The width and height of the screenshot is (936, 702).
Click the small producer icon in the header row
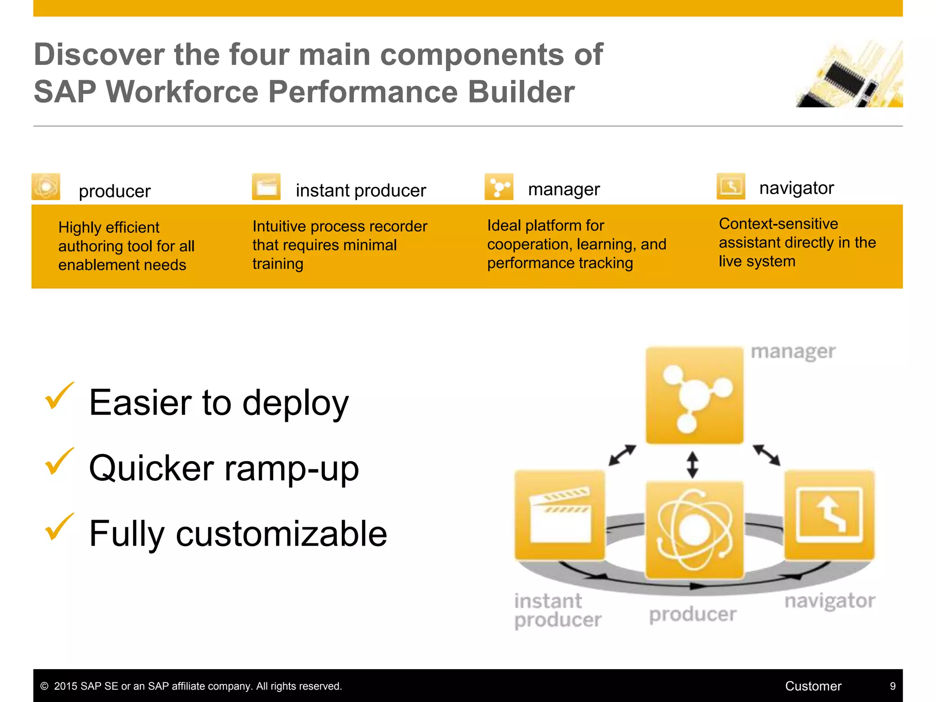tap(46, 186)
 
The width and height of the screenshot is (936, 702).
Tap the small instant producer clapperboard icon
tap(266, 186)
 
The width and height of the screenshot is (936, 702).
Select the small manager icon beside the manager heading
tap(499, 186)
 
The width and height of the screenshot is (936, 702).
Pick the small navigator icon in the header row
tap(731, 186)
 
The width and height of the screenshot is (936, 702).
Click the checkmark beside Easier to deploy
tap(59, 396)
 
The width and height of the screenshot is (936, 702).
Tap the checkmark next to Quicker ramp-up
tap(59, 461)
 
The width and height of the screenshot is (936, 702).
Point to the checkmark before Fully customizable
tap(59, 527)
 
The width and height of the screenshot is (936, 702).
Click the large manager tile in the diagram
tap(694, 395)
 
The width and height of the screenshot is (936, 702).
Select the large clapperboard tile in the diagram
tap(560, 515)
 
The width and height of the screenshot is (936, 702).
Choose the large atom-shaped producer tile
tap(694, 530)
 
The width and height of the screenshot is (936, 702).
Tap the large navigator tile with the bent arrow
tap(830, 515)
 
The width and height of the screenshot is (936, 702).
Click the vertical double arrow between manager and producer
tap(692, 465)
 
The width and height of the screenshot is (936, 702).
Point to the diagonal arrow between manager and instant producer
tap(622, 455)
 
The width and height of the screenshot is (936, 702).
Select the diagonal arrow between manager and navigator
tap(766, 455)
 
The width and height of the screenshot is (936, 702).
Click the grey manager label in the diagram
tap(793, 352)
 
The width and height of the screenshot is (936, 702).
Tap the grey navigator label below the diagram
tap(830, 601)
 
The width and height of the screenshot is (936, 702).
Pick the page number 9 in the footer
tap(892, 686)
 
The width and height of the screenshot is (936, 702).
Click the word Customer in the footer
tap(813, 686)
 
